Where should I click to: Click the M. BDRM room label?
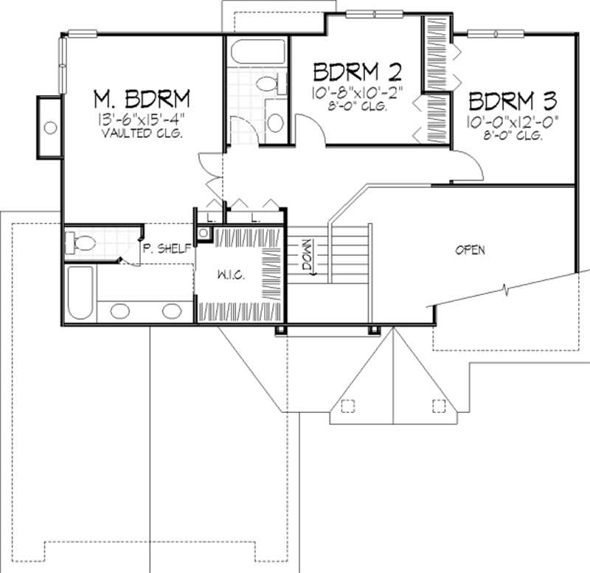tap(142, 98)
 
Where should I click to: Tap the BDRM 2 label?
tap(357, 73)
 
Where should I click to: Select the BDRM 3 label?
tap(512, 100)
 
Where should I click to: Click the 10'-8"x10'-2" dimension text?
tap(357, 94)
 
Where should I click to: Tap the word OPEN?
tap(470, 250)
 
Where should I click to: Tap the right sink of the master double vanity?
tap(171, 310)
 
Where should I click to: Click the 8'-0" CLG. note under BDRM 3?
tap(512, 136)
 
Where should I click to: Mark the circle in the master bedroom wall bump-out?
tap(50, 128)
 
